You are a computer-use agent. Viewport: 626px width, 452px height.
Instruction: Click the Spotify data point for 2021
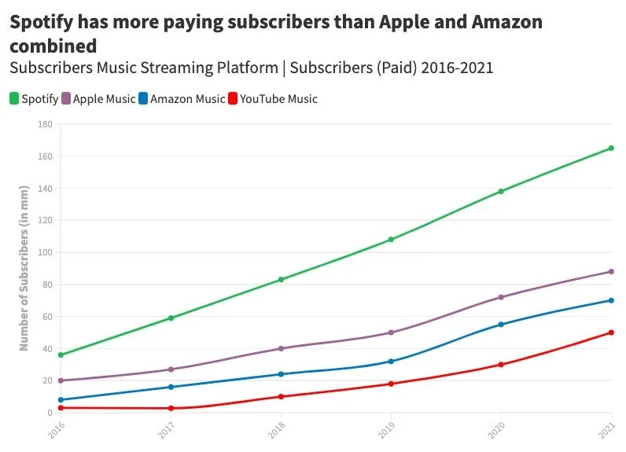611,148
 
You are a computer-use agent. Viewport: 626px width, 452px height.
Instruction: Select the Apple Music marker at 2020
501,297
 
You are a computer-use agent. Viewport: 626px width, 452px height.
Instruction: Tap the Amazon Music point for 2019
391,362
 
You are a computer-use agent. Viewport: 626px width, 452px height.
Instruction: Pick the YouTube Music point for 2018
281,396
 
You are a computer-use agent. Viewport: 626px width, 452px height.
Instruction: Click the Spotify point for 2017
171,318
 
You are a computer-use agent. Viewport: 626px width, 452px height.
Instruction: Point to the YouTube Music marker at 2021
611,333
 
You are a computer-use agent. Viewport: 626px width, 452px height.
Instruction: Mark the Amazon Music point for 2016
61,400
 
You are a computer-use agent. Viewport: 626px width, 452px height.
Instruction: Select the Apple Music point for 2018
281,348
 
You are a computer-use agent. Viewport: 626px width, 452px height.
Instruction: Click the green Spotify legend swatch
14,99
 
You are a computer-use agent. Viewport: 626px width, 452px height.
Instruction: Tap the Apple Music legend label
104,99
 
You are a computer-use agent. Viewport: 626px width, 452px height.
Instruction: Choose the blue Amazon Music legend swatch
143,99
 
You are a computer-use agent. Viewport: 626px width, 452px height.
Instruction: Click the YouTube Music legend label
278,99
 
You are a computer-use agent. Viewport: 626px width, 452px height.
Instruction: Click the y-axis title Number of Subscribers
24,268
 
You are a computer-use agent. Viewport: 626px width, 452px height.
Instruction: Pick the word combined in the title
53,46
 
